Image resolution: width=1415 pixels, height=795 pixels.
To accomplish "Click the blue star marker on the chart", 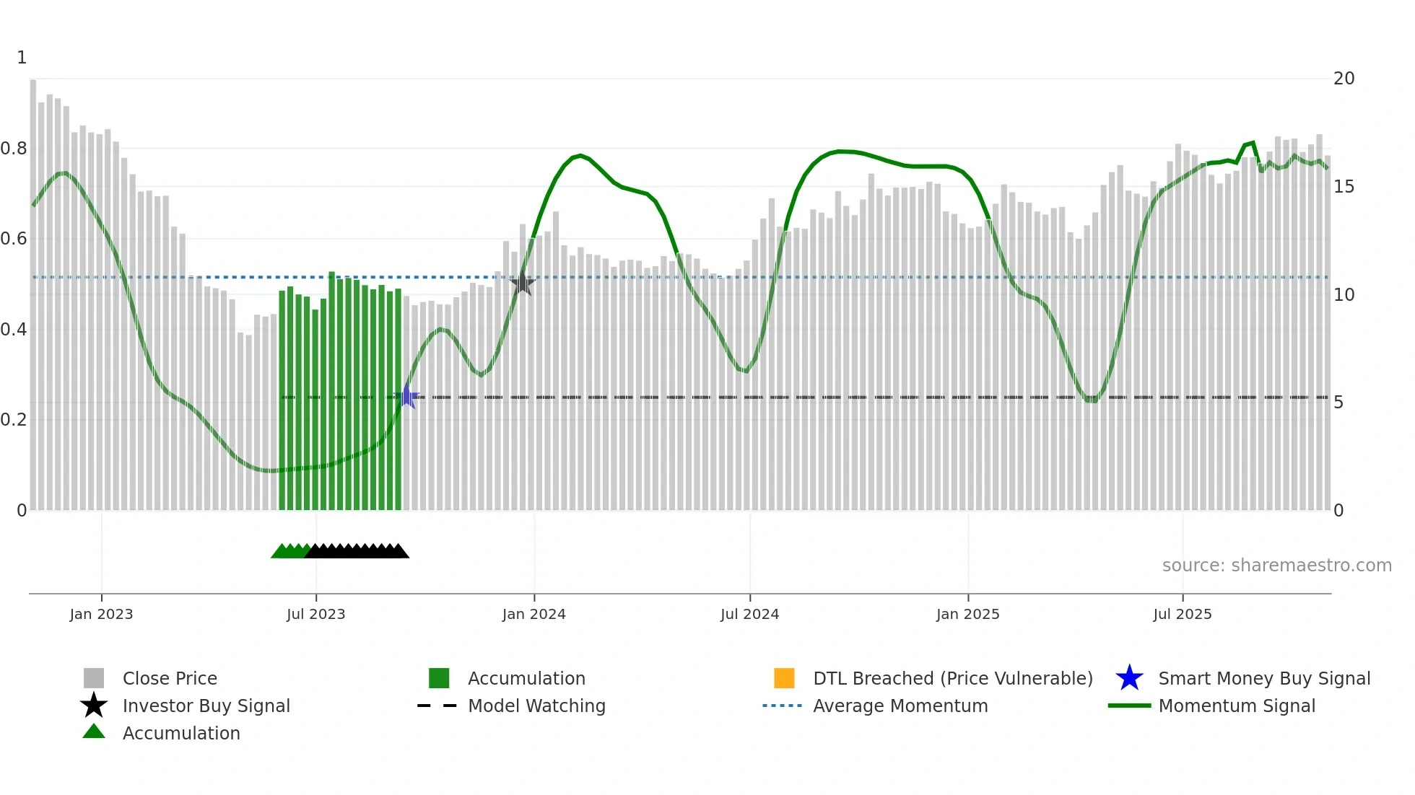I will (407, 397).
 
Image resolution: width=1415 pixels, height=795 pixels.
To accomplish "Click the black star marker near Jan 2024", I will (523, 284).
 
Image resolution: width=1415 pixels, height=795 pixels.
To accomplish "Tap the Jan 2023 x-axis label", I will (101, 614).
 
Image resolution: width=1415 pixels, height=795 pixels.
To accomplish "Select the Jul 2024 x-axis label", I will (749, 614).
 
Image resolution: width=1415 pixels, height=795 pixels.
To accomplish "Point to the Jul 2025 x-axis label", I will (1182, 614).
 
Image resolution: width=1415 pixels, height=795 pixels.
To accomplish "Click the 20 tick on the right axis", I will (1344, 79).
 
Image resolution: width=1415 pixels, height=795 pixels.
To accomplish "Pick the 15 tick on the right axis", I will (1344, 187).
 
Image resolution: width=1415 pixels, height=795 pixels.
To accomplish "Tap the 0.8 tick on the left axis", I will (14, 149).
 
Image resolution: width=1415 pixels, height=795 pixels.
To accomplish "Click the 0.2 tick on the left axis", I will (14, 420).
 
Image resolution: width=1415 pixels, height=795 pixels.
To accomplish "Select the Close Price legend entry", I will (170, 678).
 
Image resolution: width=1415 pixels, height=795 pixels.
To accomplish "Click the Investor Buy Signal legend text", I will (206, 706).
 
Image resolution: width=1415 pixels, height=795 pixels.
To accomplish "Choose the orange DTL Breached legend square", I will (784, 678).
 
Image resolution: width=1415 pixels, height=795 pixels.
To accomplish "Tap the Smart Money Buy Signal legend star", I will (1129, 678).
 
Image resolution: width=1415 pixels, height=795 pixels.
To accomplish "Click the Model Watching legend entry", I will (536, 706).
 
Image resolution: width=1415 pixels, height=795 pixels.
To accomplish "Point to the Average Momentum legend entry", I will (900, 706).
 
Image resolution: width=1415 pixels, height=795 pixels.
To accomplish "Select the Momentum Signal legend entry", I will (1236, 706).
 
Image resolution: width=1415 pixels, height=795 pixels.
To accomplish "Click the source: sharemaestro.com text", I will (1276, 566).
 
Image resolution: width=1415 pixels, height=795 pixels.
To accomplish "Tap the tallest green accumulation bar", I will (332, 390).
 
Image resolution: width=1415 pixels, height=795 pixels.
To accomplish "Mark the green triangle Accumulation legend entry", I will (94, 732).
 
